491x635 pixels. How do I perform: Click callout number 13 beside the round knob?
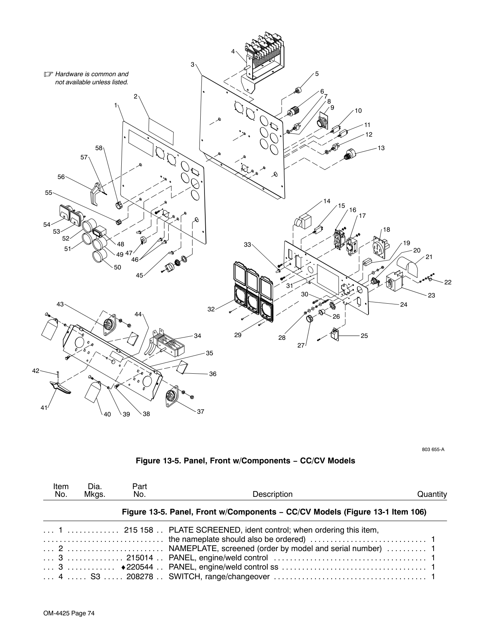click(x=381, y=148)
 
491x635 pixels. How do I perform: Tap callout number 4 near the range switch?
click(x=233, y=52)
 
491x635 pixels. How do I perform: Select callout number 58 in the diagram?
click(x=99, y=148)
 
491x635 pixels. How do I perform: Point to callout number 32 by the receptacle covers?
click(x=211, y=309)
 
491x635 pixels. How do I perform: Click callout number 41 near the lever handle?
click(x=44, y=408)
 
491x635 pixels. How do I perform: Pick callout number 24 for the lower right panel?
click(x=404, y=305)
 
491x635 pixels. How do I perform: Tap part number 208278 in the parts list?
click(x=140, y=577)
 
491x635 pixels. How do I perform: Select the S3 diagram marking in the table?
click(x=95, y=577)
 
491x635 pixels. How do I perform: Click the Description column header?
click(x=272, y=494)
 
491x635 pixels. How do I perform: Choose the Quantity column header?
click(x=432, y=494)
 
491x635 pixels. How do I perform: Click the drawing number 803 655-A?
click(x=433, y=450)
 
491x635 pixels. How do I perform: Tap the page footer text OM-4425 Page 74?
click(x=69, y=613)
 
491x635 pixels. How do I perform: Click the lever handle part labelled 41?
click(x=60, y=388)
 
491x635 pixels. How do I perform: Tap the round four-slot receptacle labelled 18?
click(x=380, y=247)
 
